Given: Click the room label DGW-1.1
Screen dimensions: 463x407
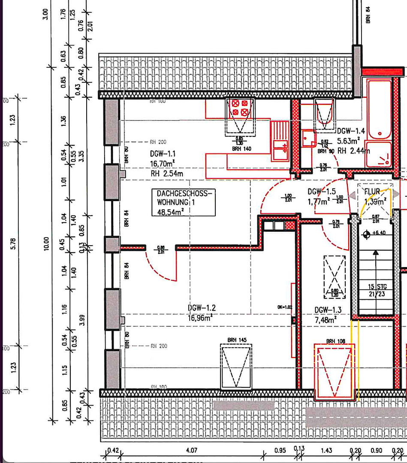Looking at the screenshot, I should tap(163, 154).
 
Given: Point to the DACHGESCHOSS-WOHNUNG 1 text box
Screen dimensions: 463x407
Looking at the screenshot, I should tap(183, 203).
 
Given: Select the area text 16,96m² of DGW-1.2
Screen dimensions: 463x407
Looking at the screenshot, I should tap(200, 318).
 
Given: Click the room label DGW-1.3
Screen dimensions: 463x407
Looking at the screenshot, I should tap(328, 310).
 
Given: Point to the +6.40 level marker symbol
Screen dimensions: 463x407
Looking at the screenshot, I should tap(366, 234).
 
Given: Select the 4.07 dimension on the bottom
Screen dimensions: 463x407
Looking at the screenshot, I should tap(191, 451).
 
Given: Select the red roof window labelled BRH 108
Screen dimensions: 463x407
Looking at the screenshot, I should tap(334, 371).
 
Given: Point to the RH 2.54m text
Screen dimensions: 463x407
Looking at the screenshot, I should tap(167, 174).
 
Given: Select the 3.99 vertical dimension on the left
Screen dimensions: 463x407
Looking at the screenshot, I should tap(81, 320).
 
